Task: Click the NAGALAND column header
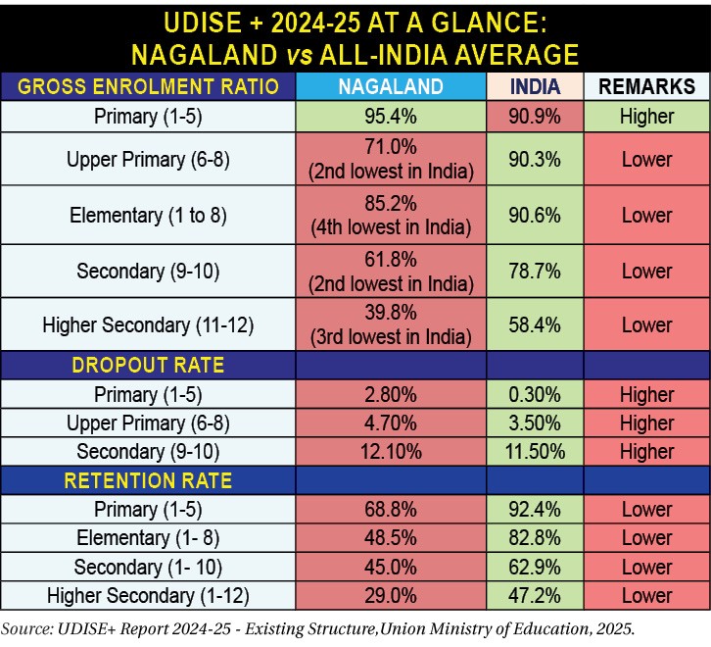[391, 86]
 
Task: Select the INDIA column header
[535, 86]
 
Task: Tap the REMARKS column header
[646, 86]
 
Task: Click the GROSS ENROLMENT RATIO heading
[148, 86]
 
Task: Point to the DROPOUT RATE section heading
[148, 366]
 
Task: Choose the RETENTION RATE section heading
[148, 480]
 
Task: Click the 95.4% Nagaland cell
[391, 117]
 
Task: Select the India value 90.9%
[535, 117]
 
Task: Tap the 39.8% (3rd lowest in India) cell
[391, 325]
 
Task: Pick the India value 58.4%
[535, 325]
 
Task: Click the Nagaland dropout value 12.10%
[391, 452]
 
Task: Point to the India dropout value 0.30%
[535, 395]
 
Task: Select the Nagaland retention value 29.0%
[391, 595]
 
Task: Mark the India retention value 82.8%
[535, 538]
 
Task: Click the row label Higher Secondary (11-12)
[148, 325]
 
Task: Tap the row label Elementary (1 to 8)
[148, 216]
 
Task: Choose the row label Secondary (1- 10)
[148, 567]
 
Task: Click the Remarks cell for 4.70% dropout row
[646, 423]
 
